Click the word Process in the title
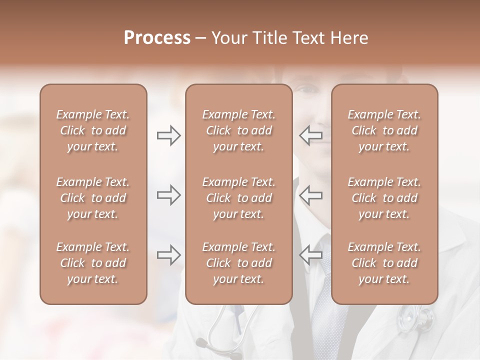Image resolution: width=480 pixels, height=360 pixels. coord(157,37)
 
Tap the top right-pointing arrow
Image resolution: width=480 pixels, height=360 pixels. coord(168,135)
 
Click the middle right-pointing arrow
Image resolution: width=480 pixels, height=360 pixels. coord(168,195)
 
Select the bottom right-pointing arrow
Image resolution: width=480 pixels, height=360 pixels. coord(168,254)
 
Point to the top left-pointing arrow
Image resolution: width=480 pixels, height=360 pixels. coord(310,135)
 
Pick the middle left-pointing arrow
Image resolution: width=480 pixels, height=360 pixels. coord(310,195)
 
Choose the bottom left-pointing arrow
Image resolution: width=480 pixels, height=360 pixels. coord(310,254)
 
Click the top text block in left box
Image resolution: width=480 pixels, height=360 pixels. coord(93,130)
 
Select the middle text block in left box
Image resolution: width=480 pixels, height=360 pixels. coord(93,198)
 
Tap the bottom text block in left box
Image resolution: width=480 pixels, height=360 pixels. coord(93,263)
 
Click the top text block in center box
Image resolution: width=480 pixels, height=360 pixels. coord(238,130)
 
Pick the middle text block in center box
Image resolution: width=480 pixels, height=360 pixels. coord(238,198)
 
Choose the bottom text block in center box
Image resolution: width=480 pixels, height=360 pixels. coord(238,263)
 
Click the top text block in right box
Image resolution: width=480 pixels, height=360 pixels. coord(384,130)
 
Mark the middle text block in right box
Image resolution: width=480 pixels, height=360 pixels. coord(384,198)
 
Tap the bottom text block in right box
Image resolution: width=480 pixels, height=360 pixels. coord(384,263)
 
